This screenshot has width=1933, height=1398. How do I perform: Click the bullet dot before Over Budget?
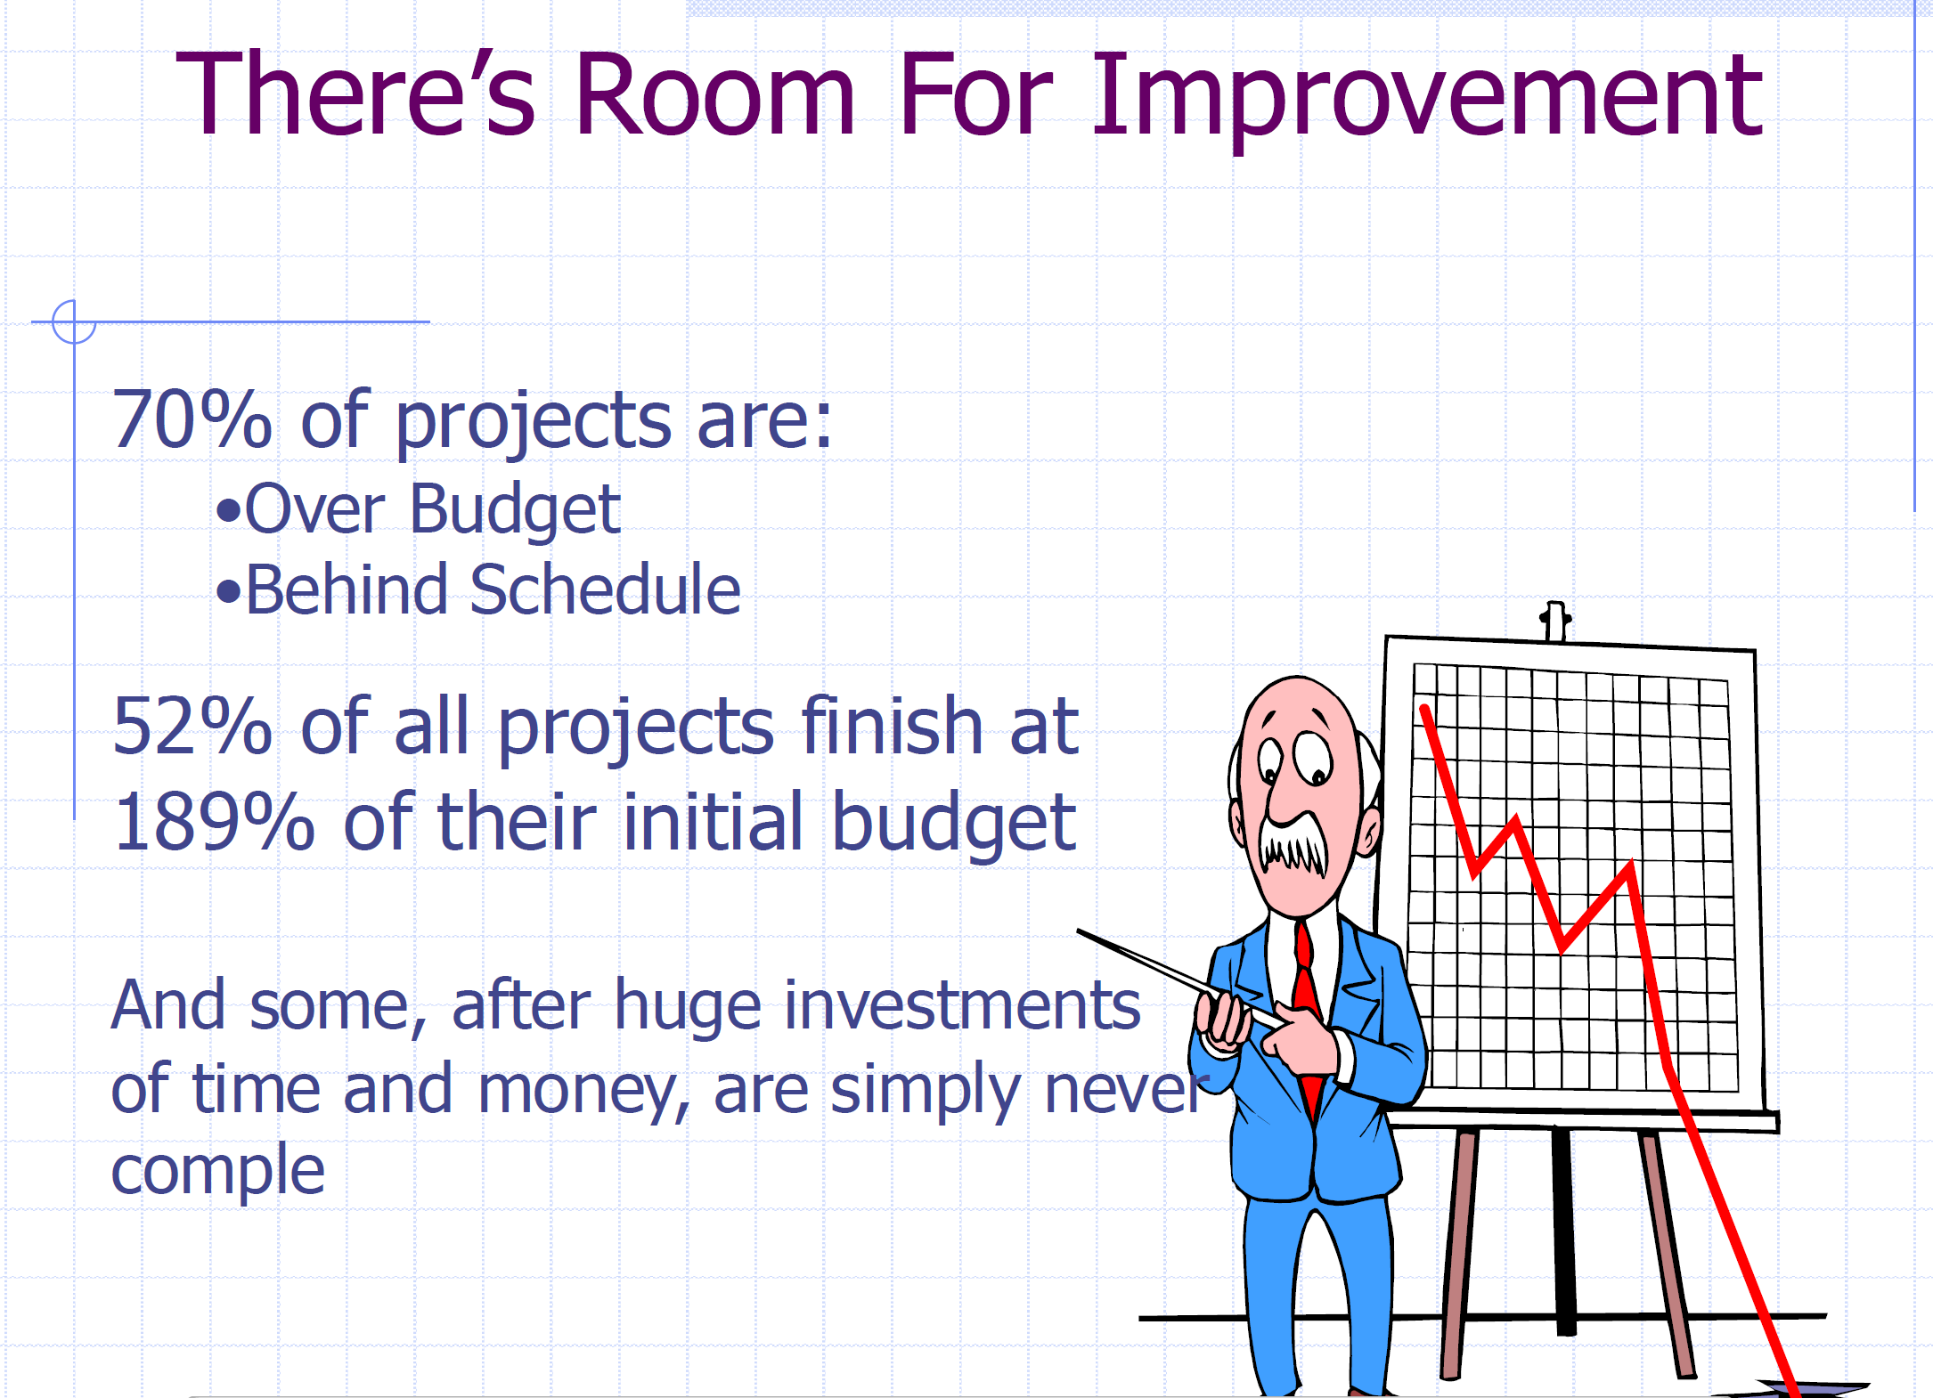229,511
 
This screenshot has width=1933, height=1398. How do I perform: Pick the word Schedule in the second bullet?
605,590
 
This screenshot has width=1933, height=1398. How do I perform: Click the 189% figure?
214,822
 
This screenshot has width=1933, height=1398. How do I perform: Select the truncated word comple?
217,1170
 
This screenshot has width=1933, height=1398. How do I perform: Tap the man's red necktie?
1306,1006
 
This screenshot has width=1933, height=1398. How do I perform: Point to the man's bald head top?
1298,699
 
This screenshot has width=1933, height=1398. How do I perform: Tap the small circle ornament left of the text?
73,321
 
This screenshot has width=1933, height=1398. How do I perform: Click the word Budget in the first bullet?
514,510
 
